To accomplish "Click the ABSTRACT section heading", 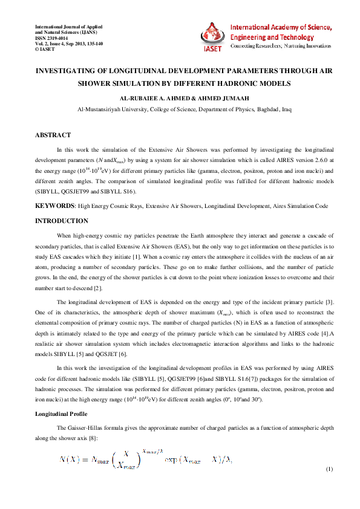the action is (x=54, y=135).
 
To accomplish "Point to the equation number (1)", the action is (x=329, y=469).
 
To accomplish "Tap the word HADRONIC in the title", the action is (x=239, y=83).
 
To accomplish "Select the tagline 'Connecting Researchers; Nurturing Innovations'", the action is (x=282, y=46).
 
